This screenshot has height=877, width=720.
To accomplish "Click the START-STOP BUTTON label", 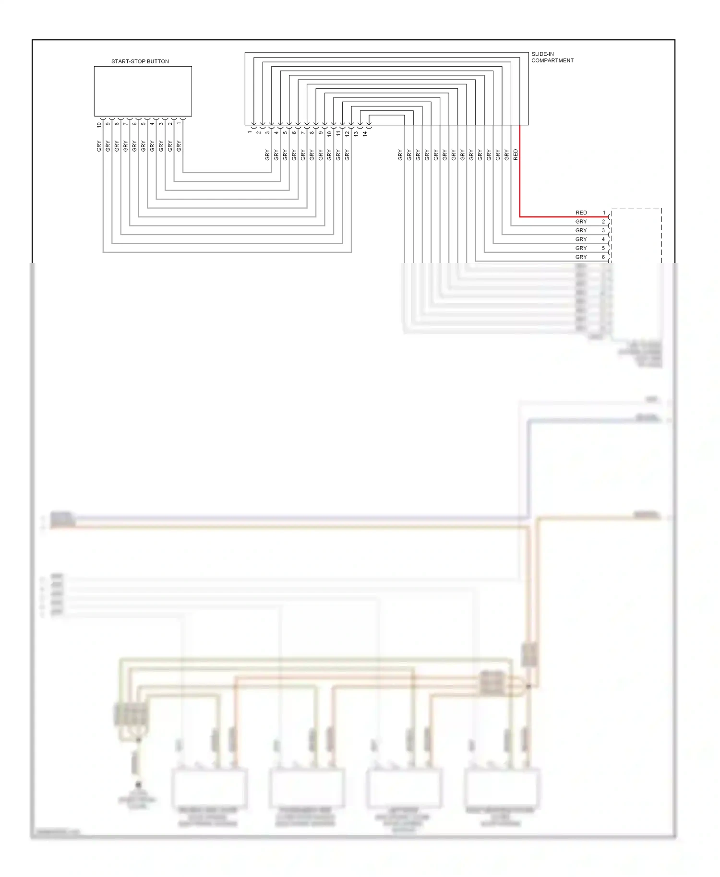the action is pyautogui.click(x=140, y=61).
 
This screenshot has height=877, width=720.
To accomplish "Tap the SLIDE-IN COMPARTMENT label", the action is pyautogui.click(x=552, y=57).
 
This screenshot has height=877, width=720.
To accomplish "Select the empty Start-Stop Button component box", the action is pyautogui.click(x=143, y=91).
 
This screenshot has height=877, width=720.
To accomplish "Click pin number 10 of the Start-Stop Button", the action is pyautogui.click(x=99, y=125).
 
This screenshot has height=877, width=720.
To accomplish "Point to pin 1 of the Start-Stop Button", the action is pyautogui.click(x=179, y=123).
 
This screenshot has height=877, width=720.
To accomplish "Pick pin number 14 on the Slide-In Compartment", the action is pyautogui.click(x=365, y=134).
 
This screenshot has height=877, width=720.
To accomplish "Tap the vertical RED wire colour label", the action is pyautogui.click(x=516, y=154).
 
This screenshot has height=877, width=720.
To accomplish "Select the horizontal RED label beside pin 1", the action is pyautogui.click(x=581, y=213).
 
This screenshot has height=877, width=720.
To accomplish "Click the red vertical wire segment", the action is pyautogui.click(x=520, y=182).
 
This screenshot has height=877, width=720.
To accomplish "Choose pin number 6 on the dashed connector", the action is pyautogui.click(x=603, y=257).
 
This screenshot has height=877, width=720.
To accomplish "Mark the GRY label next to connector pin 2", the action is pyautogui.click(x=581, y=222).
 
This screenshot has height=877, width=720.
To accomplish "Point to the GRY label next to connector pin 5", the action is pyautogui.click(x=581, y=248).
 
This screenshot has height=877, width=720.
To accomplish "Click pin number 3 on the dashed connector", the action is pyautogui.click(x=603, y=230).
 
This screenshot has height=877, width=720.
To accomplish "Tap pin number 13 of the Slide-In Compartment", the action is pyautogui.click(x=356, y=134).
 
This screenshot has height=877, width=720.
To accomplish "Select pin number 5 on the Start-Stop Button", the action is pyautogui.click(x=143, y=124).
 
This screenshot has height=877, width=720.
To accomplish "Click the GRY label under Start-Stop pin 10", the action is pyautogui.click(x=99, y=146).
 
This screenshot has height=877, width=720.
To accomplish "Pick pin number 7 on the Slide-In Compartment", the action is pyautogui.click(x=303, y=132).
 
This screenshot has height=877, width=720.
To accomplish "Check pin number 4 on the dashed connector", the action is pyautogui.click(x=603, y=239).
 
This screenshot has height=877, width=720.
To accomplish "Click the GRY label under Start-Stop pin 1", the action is pyautogui.click(x=179, y=146).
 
